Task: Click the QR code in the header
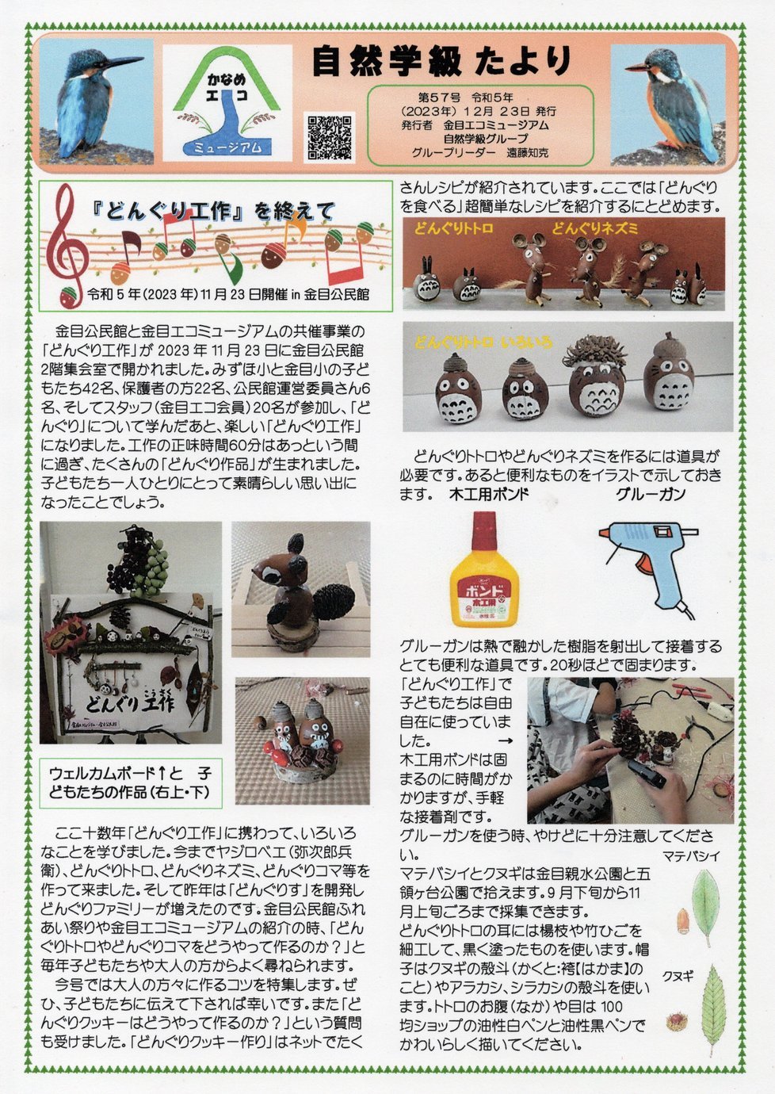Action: tap(329, 137)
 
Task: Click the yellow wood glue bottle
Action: tap(483, 568)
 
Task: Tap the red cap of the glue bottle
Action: tap(484, 530)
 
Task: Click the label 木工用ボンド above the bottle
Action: tap(488, 495)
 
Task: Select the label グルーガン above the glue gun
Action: tap(650, 495)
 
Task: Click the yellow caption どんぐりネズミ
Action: tap(594, 228)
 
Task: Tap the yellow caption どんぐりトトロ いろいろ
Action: tap(483, 342)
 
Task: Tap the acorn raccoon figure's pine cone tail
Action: tap(330, 596)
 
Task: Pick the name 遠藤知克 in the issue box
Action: tap(528, 153)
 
